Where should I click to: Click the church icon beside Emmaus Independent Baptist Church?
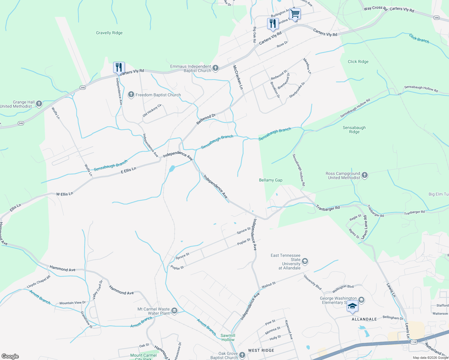tap(215, 68)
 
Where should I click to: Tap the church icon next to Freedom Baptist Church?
tap(131, 95)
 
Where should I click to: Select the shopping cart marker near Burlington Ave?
tap(295, 13)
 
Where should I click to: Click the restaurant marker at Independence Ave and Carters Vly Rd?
tap(119, 67)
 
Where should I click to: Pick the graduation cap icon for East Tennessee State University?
tap(305, 261)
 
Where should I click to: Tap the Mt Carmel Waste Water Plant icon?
tap(174, 311)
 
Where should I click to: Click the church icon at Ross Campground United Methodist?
tap(365, 175)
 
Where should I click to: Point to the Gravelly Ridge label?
tap(109, 33)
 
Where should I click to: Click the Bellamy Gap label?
tap(271, 180)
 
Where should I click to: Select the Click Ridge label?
tap(358, 61)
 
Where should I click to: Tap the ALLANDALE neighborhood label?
tap(364, 319)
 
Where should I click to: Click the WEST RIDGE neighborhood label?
tap(261, 350)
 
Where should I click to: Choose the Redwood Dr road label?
tap(206, 119)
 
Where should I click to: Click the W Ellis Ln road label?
tap(65, 194)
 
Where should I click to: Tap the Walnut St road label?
tap(269, 285)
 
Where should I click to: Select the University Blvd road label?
tap(312, 282)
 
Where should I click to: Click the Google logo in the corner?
tap(10, 356)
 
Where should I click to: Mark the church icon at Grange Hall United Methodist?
tap(39, 104)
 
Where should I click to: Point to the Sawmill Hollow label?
tap(228, 337)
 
